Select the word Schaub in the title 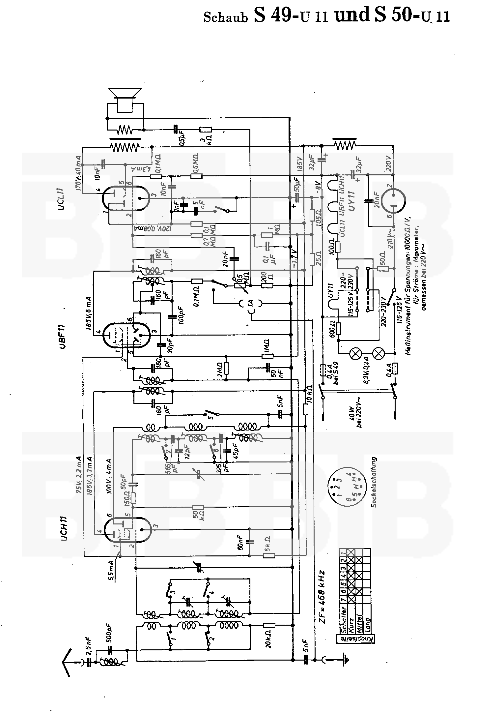pyautogui.click(x=225, y=17)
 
